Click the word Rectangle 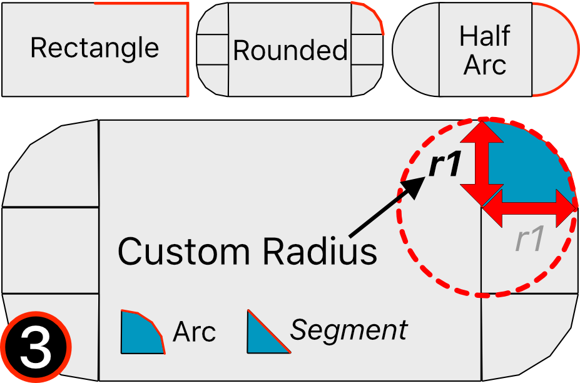(94, 48)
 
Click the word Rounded (290, 50)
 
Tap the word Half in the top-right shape (485, 36)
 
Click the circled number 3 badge (36, 349)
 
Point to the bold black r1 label (445, 166)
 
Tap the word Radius (320, 251)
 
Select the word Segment (349, 330)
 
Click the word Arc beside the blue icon (194, 332)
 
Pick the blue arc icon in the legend (141, 332)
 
